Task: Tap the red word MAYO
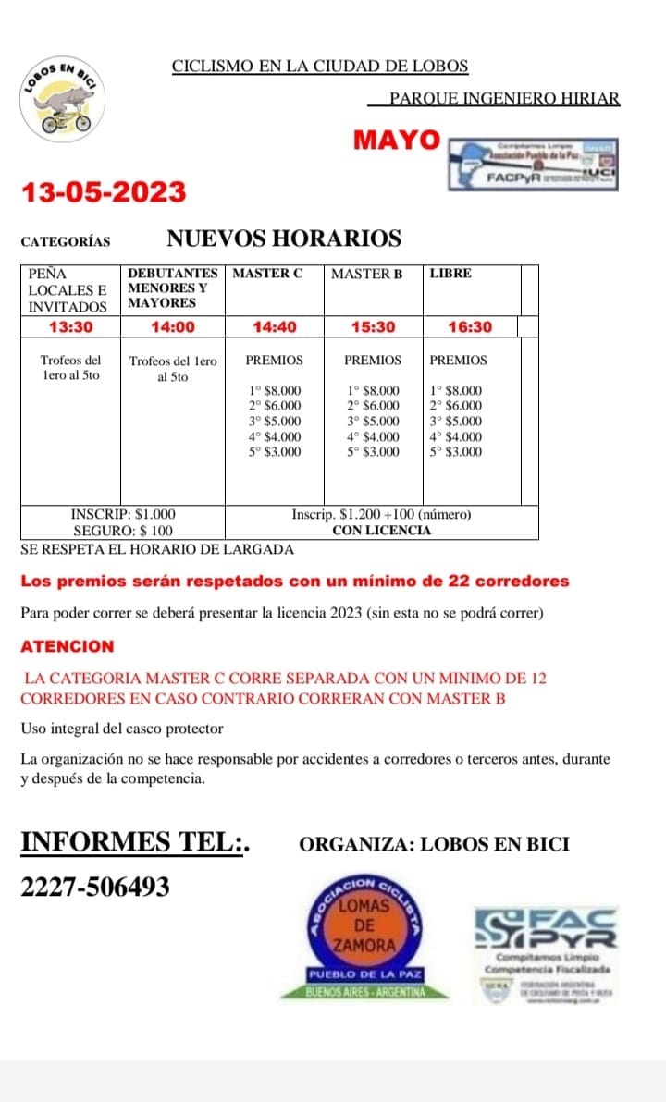tap(397, 141)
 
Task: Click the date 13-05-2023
tap(104, 192)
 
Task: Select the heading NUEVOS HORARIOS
tap(284, 239)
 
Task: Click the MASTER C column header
tap(267, 274)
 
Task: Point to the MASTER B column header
tap(366, 274)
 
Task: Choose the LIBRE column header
tap(450, 274)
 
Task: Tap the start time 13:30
tap(71, 327)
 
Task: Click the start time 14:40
tap(274, 327)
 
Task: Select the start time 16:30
tap(470, 327)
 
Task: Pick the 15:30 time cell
tap(373, 327)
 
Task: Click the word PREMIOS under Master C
tap(274, 361)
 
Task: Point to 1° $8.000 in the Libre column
tap(456, 391)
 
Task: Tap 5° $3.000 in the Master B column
tap(373, 452)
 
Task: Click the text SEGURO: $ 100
tap(123, 531)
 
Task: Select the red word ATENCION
tap(68, 646)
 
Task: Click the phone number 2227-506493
tap(95, 888)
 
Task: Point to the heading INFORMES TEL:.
tap(135, 843)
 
